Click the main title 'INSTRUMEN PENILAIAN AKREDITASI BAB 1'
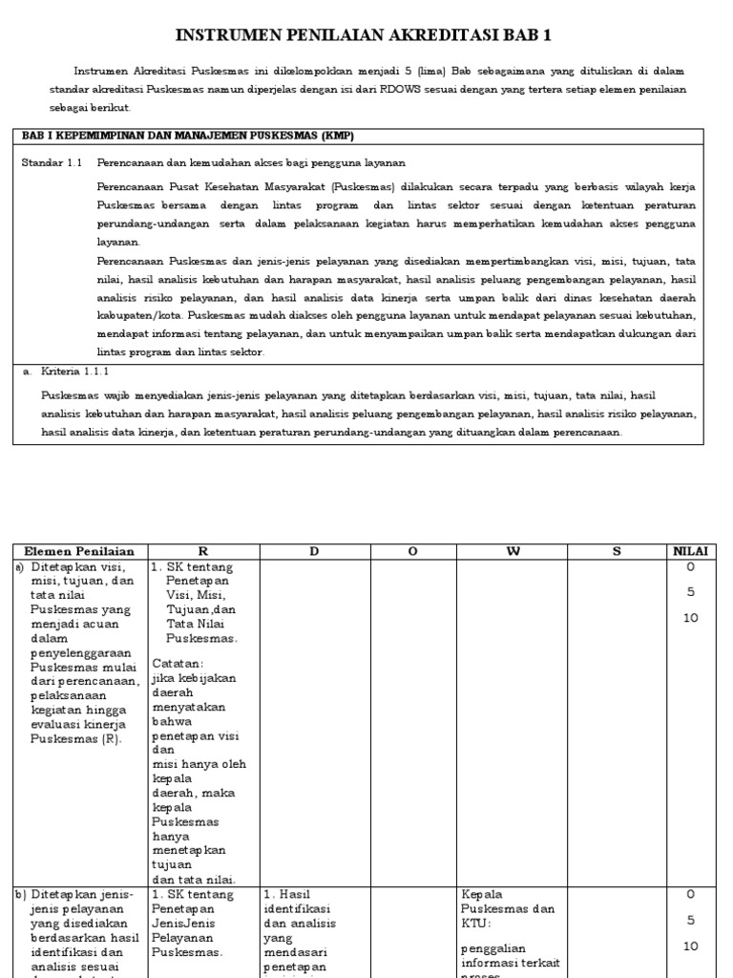click(364, 36)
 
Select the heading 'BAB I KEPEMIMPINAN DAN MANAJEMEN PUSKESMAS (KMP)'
click(188, 136)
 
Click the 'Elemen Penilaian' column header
click(79, 551)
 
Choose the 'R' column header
click(202, 551)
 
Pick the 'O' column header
click(412, 551)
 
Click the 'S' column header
click(617, 551)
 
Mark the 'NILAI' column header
click(690, 551)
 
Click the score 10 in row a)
click(690, 618)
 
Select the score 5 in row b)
click(690, 921)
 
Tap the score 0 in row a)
click(690, 566)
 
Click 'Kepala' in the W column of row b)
click(481, 895)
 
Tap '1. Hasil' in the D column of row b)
click(288, 895)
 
